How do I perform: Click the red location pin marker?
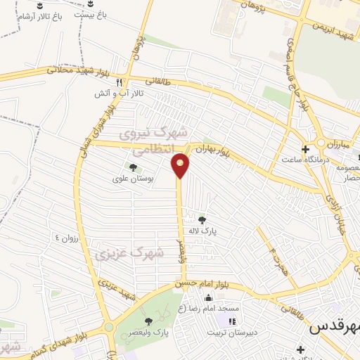[x=181, y=165]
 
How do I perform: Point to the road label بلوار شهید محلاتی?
[x=77, y=70]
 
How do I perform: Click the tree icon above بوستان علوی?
[x=131, y=167]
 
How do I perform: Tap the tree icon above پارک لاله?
[x=203, y=220]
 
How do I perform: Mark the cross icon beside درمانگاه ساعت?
[x=305, y=149]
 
